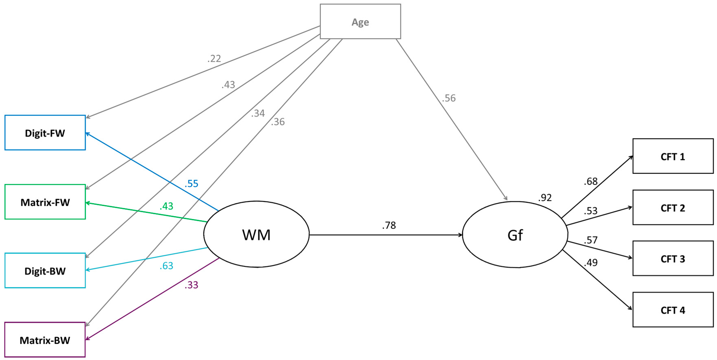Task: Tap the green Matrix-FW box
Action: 45,202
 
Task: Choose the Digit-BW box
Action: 45,271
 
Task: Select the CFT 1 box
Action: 673,156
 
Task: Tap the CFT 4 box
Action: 673,310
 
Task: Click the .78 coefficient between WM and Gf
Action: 389,225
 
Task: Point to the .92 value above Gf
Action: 545,198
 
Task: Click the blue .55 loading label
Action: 192,184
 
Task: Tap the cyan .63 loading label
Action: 167,266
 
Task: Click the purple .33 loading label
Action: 192,285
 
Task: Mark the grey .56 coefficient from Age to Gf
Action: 449,98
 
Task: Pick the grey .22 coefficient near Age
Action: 214,58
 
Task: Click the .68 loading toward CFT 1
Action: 591,181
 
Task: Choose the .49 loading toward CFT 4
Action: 591,263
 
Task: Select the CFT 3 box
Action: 673,259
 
